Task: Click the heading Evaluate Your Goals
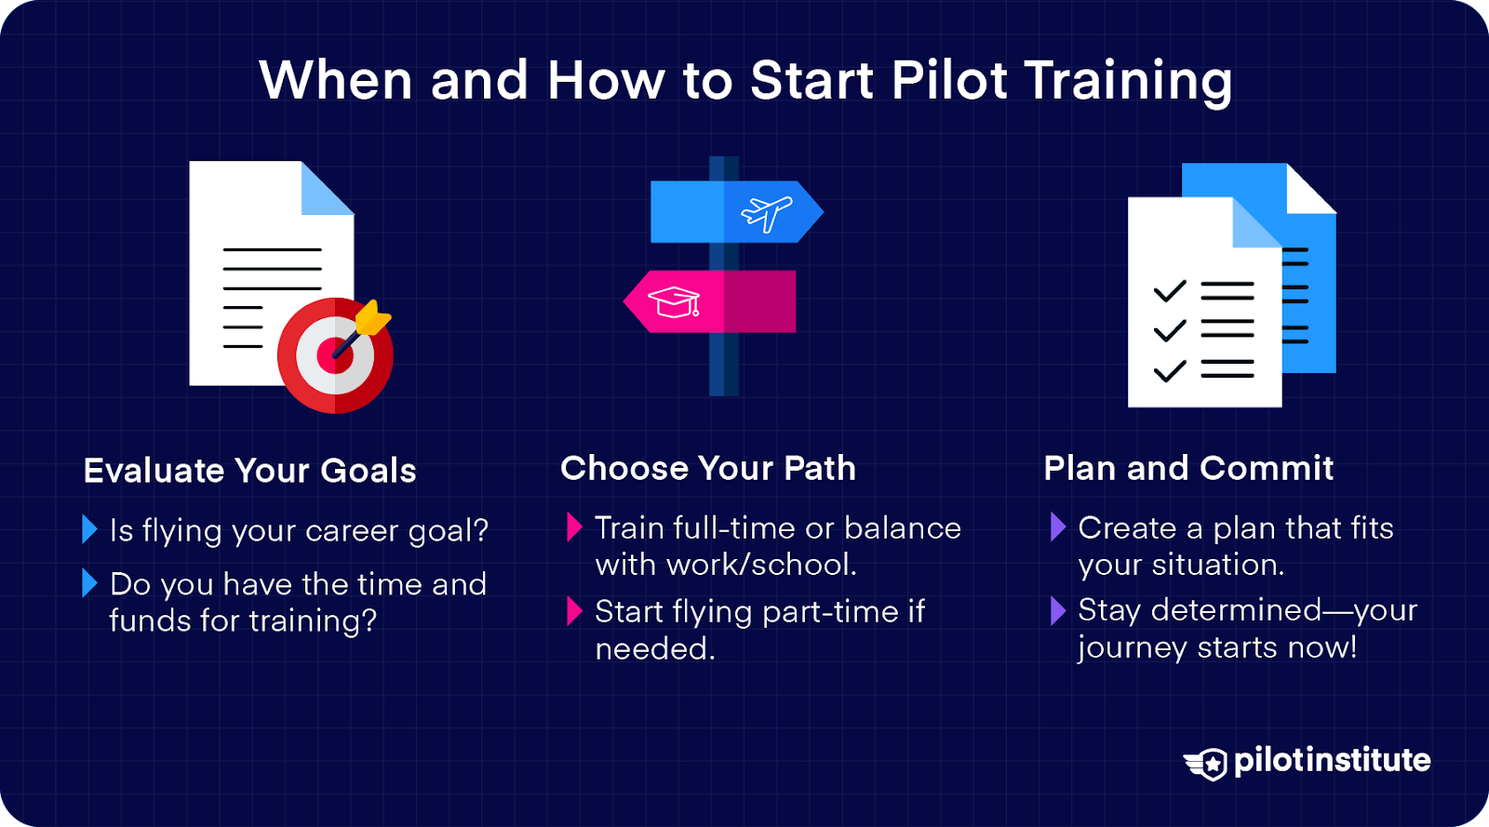pos(249,471)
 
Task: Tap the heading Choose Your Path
pos(707,468)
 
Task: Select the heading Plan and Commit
pos(1188,468)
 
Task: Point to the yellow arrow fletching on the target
pos(373,318)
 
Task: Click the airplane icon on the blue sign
pos(766,213)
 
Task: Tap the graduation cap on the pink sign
pos(674,301)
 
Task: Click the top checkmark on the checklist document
pos(1169,291)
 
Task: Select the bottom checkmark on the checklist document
pos(1169,370)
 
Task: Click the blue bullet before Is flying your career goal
pos(89,529)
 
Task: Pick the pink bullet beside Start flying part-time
pos(574,611)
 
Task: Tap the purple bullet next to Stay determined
pos(1057,610)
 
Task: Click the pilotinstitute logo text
pos(1332,760)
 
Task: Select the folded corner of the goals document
pos(326,189)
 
